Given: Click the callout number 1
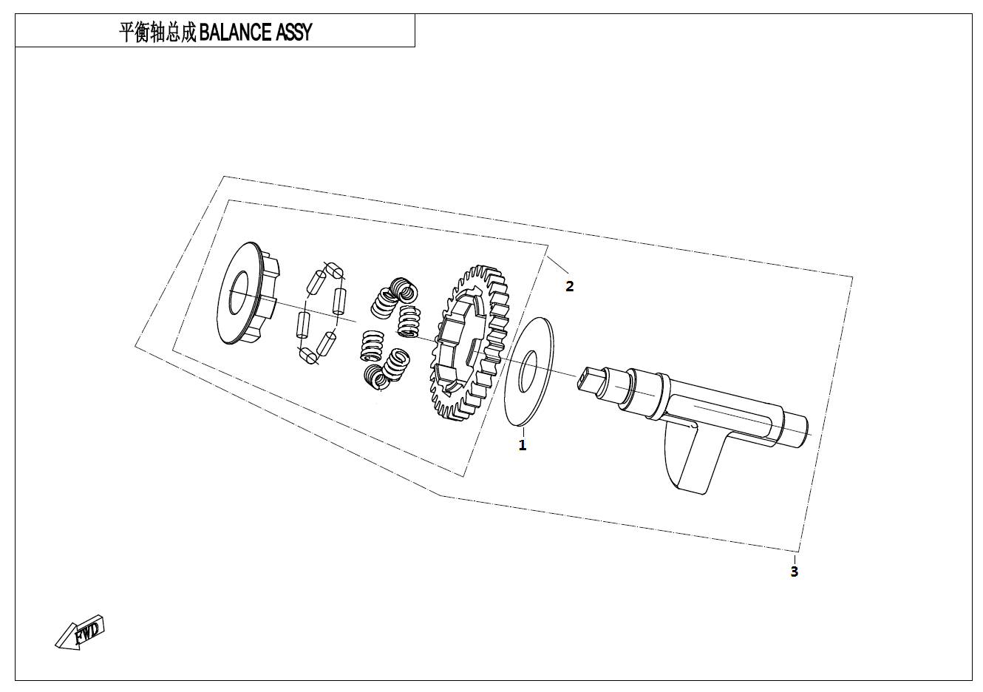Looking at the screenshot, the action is (x=523, y=445).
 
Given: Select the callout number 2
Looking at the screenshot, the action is (x=570, y=286).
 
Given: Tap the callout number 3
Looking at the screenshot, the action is (x=795, y=571).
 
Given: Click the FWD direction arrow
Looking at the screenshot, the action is (x=81, y=633).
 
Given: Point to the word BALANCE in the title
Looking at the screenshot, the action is (x=235, y=32).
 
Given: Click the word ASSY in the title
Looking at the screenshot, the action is (x=293, y=32).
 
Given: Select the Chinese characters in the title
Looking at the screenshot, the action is (x=157, y=33).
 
